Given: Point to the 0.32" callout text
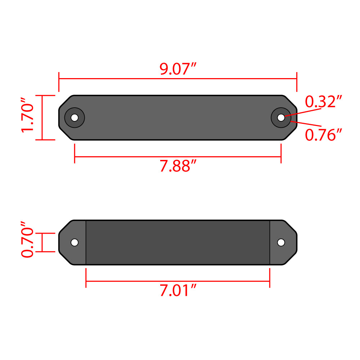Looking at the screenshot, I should click(323, 102).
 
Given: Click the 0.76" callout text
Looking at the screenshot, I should click(323, 135).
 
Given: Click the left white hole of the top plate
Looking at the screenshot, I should click(75, 118).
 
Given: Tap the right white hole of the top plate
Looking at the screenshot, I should click(281, 118).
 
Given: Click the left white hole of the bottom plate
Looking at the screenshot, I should click(75, 242).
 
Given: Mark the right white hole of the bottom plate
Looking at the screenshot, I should click(281, 242).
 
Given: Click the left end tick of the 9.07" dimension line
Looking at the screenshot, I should click(59, 82).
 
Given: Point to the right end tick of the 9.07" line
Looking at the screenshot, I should click(297, 82).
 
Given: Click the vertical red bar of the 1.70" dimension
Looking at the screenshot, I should click(42, 118).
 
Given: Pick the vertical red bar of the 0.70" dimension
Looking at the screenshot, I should click(42, 242).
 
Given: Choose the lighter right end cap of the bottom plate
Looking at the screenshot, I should click(283, 252).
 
